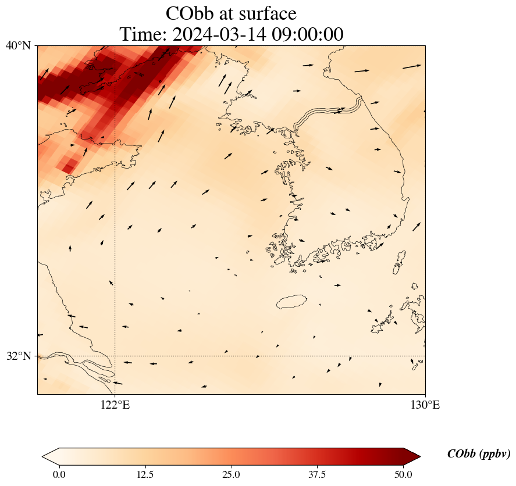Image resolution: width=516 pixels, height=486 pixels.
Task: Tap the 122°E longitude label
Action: click(x=115, y=405)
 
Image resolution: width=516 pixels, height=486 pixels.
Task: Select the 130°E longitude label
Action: click(x=426, y=405)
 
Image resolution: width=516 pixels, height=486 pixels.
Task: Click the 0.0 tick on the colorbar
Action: click(x=59, y=474)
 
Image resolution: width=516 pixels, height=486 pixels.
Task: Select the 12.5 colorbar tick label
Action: click(x=145, y=474)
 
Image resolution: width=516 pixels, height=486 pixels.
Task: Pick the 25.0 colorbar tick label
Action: click(x=231, y=474)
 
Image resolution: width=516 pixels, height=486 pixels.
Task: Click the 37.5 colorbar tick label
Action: click(x=317, y=474)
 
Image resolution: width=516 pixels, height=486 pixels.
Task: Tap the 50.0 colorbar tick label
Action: click(x=403, y=474)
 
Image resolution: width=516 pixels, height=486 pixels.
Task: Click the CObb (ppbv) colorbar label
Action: click(x=479, y=454)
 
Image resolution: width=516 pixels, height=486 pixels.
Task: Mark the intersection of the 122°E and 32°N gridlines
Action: click(x=115, y=356)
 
